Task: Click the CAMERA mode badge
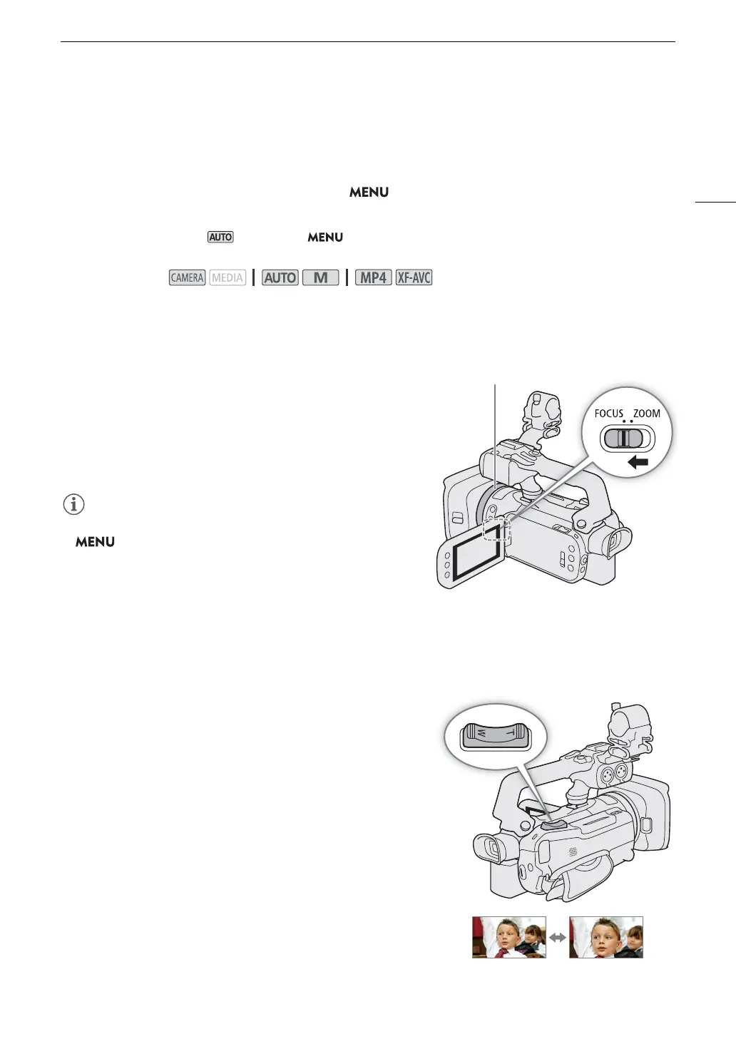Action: [187, 277]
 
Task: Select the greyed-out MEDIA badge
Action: [228, 277]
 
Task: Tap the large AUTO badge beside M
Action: [280, 277]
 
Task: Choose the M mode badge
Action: [320, 277]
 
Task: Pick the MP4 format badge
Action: [373, 277]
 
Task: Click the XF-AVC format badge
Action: [414, 277]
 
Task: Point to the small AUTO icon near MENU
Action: [220, 237]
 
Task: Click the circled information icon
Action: [74, 504]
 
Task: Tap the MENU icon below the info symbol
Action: [95, 542]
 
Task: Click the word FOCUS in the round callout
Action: [608, 414]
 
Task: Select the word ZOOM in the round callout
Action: [646, 414]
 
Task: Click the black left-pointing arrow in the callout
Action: [638, 463]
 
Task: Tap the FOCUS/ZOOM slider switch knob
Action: [623, 438]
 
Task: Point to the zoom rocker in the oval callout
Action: [494, 735]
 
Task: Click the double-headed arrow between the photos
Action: [558, 938]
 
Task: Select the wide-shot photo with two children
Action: [509, 937]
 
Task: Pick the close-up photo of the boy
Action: [606, 937]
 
